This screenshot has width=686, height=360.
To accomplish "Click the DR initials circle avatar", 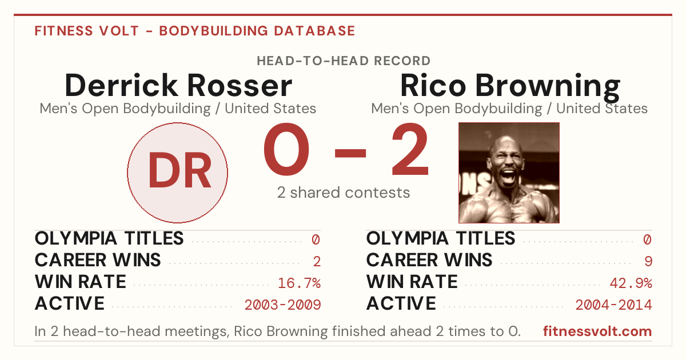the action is click(177, 173).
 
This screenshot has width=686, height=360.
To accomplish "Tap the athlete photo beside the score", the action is click(509, 173).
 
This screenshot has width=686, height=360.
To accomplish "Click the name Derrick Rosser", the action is click(178, 85).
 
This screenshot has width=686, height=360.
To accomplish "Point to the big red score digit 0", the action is click(286, 149).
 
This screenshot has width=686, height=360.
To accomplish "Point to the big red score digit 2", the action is click(410, 149).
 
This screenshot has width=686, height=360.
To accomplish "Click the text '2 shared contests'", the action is click(344, 193).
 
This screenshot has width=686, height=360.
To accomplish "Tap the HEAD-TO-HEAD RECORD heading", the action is click(344, 61).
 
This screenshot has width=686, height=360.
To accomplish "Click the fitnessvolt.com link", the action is click(597, 331).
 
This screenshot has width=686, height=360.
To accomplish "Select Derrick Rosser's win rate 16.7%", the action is click(299, 283).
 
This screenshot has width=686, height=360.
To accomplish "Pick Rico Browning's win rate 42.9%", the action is click(631, 283).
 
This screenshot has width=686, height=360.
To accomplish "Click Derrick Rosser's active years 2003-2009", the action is click(282, 305).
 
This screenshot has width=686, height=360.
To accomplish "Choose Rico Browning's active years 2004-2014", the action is click(614, 305).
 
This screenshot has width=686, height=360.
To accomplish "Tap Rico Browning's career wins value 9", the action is click(648, 261).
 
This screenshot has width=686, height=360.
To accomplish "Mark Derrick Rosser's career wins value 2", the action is click(317, 261).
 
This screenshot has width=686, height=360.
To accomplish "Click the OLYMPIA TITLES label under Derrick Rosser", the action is click(109, 238).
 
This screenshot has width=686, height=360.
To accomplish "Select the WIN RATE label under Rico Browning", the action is click(412, 282).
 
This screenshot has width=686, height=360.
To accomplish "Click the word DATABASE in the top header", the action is click(314, 31).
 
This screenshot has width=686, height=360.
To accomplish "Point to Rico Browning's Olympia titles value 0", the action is click(647, 239).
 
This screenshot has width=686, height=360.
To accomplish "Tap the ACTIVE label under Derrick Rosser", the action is click(70, 303).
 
